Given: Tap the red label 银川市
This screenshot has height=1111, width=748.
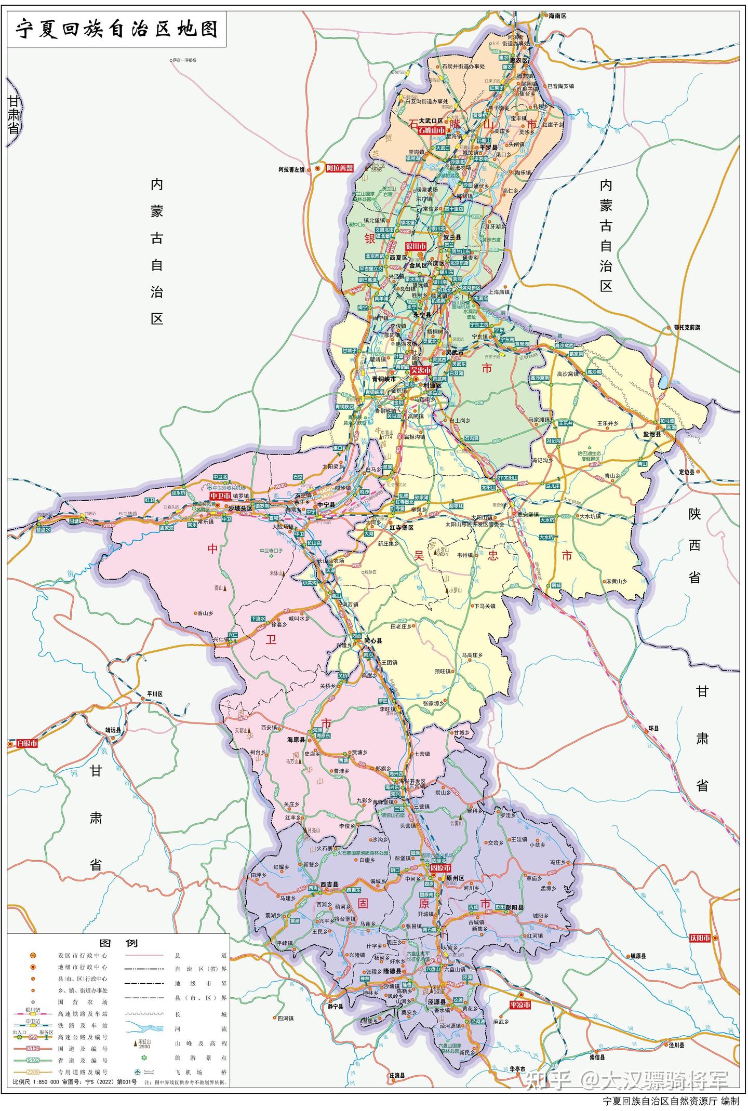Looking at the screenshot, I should click(416, 246).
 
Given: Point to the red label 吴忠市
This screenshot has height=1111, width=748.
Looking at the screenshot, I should click(420, 370).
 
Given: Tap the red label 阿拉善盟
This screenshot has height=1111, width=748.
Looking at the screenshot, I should click(339, 168).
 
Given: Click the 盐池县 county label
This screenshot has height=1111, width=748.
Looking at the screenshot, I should click(651, 434).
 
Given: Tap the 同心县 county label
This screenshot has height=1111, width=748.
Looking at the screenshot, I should click(373, 641).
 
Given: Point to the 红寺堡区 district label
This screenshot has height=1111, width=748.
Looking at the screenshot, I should click(401, 527).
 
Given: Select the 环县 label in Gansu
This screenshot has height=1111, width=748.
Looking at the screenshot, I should click(652, 728).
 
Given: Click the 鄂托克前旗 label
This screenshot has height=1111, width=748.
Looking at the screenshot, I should click(687, 328).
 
